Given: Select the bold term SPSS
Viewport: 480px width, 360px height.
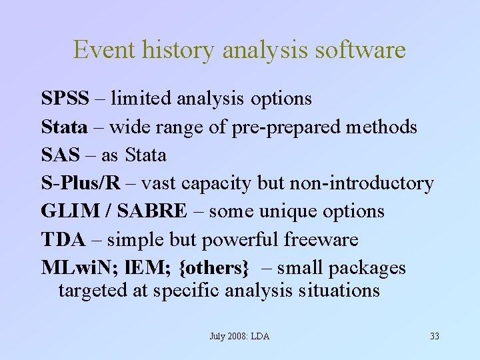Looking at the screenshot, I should [x=65, y=99].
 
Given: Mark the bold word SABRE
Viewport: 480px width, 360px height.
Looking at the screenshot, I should [x=152, y=211].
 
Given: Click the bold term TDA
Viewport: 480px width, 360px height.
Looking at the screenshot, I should [x=62, y=239].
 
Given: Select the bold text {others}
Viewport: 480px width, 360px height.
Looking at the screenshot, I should [x=214, y=268].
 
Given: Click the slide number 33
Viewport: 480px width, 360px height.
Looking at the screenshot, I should [x=435, y=336].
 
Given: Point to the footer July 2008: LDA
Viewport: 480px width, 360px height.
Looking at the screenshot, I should [x=239, y=336].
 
